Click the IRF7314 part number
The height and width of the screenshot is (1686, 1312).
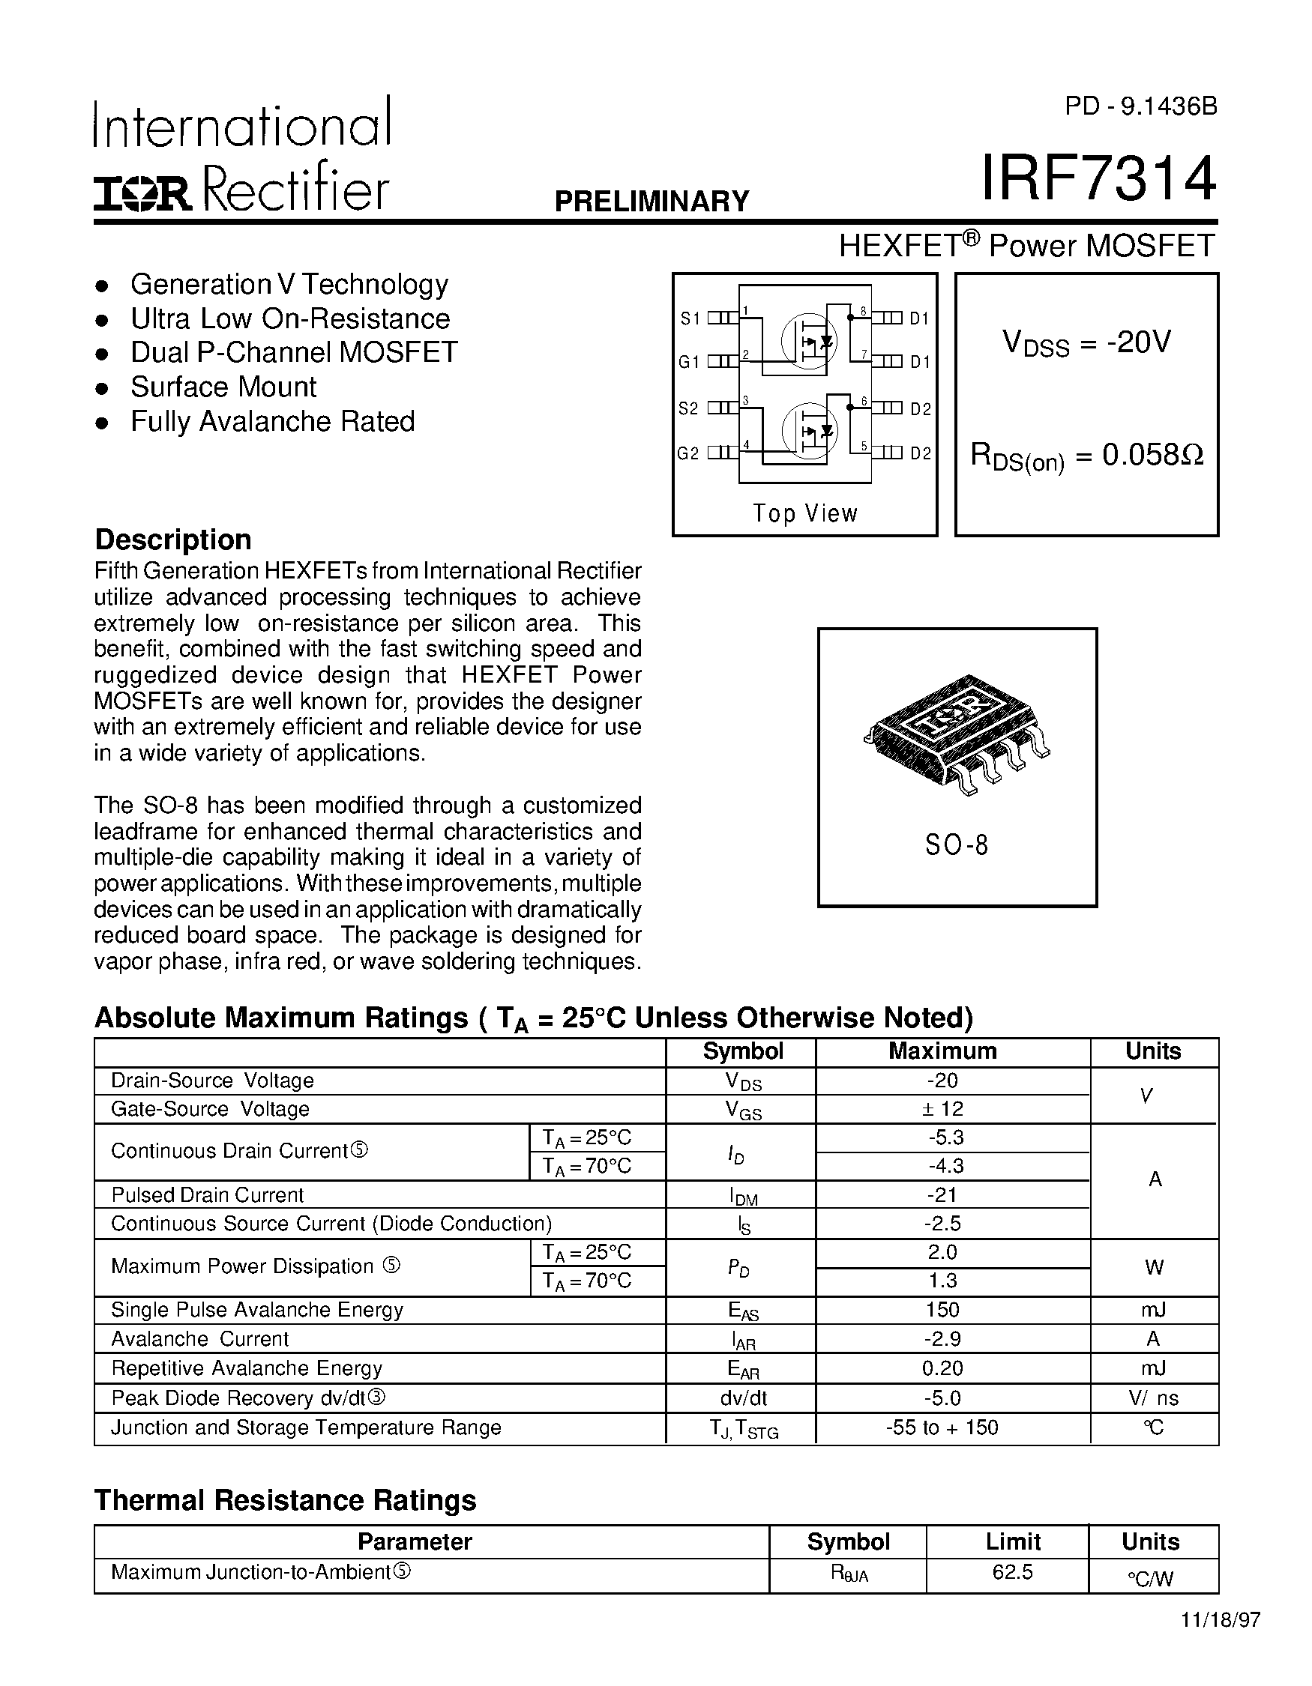(1098, 179)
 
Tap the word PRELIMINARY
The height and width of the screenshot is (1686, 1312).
(652, 202)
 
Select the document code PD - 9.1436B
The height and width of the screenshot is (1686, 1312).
(1140, 106)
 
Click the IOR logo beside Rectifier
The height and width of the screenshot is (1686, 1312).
(142, 193)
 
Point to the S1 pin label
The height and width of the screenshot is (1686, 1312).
(689, 318)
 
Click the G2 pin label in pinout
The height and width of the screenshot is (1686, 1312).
(688, 454)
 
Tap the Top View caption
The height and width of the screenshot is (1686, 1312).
(804, 513)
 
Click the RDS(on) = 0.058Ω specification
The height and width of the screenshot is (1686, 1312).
(1086, 456)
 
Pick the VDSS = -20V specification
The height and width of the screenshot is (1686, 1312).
(1086, 342)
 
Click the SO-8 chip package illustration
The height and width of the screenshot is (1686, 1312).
(956, 733)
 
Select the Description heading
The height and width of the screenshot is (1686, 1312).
(172, 540)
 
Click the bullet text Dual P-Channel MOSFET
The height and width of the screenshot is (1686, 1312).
(293, 352)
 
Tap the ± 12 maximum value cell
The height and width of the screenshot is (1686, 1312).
(943, 1109)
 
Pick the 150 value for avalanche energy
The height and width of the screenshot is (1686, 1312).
(942, 1310)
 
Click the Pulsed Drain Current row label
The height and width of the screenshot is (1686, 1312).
(207, 1195)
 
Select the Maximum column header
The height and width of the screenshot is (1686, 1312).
(942, 1051)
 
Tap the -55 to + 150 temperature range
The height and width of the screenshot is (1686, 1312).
(942, 1427)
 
